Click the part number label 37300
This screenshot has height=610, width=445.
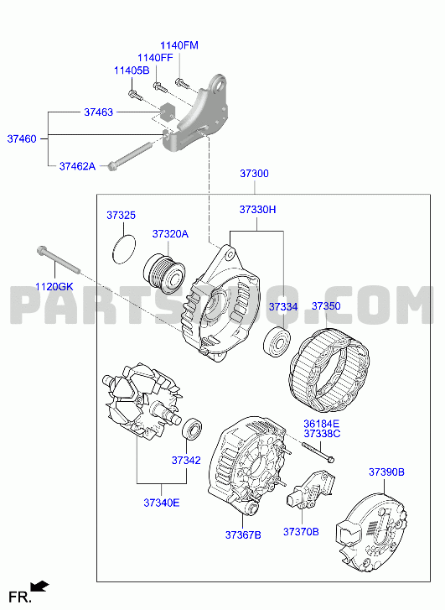coord(254,174)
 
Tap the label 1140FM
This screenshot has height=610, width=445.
coord(179,45)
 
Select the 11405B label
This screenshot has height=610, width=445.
coord(132,70)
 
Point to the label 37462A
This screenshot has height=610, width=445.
coord(77,166)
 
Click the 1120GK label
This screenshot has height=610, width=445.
coord(54,287)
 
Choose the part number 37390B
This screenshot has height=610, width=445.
coord(386,472)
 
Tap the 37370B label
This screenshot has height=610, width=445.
coord(301,532)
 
